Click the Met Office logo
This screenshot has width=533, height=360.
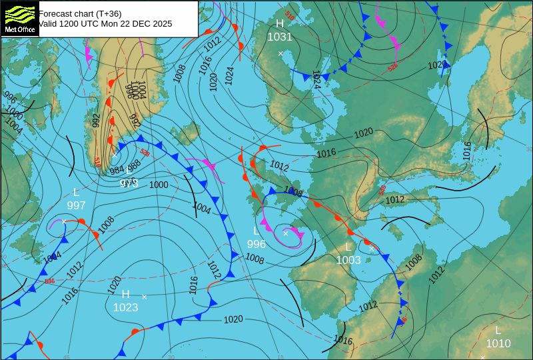(x=20, y=18)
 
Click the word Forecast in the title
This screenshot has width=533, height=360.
(x=56, y=13)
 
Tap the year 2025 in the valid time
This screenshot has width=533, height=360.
(x=161, y=24)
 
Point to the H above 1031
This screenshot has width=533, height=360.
(x=280, y=24)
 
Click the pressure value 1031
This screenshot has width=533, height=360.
(x=280, y=37)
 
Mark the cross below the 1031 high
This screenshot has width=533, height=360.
(x=280, y=53)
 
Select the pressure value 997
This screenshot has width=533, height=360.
(x=76, y=205)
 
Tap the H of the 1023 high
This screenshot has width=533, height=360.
(x=125, y=294)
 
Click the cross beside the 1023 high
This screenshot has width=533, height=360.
(x=144, y=297)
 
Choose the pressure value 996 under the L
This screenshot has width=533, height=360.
(x=256, y=245)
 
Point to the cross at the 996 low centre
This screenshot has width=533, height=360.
(x=285, y=233)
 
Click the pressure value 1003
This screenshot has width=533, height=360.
(x=348, y=260)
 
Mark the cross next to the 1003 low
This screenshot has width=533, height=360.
(x=372, y=249)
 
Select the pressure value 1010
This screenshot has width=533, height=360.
(x=498, y=343)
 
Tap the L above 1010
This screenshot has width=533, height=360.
(x=498, y=330)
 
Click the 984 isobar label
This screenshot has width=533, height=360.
(x=117, y=171)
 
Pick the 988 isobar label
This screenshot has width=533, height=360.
(x=134, y=165)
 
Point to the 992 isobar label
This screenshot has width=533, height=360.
(x=96, y=120)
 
